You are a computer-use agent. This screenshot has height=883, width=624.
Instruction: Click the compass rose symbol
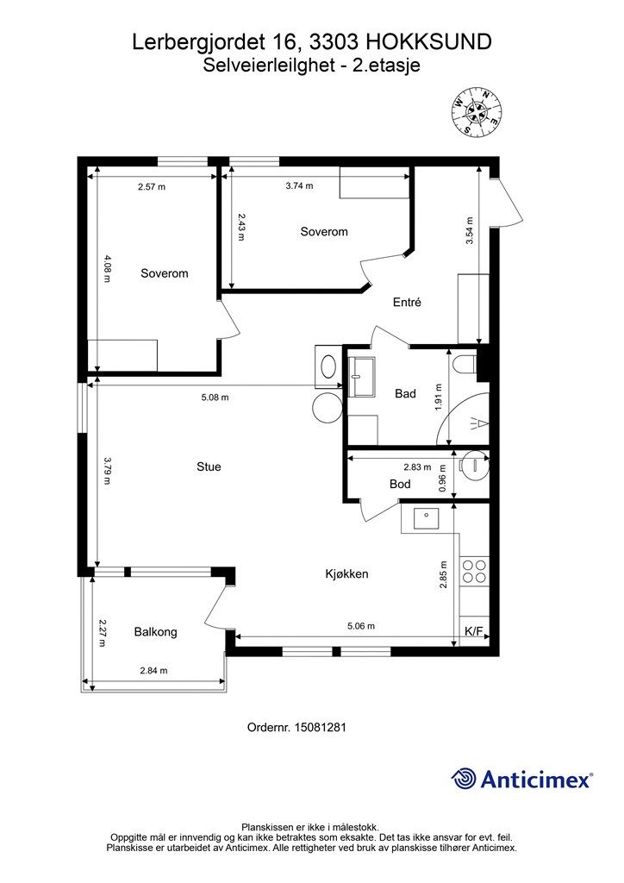477,112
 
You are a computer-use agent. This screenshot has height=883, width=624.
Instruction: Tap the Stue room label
209,467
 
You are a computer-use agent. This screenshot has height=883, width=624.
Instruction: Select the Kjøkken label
346,573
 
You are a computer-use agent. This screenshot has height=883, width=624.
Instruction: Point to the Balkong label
155,632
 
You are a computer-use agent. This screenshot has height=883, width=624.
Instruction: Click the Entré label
407,303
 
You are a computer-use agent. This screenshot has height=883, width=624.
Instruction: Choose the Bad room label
405,393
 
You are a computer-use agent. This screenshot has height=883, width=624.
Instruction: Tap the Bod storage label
400,484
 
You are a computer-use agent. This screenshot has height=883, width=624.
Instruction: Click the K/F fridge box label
473,632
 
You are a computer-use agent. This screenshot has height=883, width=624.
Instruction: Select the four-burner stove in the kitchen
474,572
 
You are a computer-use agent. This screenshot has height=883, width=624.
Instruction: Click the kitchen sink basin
426,518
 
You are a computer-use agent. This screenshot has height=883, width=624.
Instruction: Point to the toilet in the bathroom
464,365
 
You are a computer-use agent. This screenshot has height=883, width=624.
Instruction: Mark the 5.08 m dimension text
215,397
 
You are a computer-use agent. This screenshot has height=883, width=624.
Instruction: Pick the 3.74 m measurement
299,186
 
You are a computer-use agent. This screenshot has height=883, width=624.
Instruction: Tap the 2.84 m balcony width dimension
153,671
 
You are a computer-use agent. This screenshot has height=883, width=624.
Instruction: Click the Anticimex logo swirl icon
463,780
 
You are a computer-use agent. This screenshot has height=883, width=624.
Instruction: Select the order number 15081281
296,727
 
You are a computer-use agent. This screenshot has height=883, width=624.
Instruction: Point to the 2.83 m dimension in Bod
417,467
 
